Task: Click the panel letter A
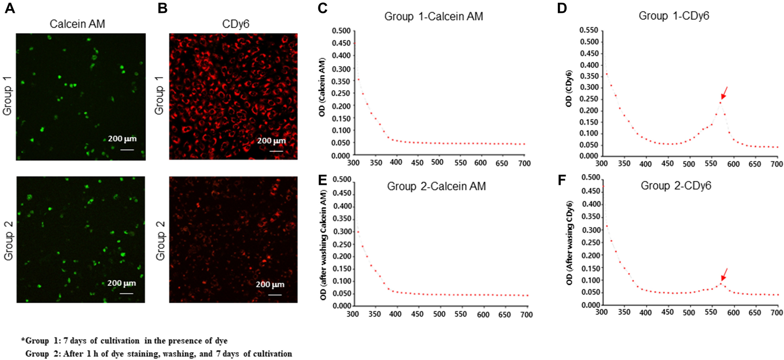[x=10, y=8]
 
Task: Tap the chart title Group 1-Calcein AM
[x=434, y=16]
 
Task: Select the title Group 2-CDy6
[x=675, y=186]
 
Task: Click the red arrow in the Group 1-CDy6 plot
[x=724, y=93]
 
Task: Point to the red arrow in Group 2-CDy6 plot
[x=724, y=274]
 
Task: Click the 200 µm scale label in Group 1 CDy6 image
[x=271, y=141]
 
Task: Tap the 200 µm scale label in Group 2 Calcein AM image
[x=121, y=283]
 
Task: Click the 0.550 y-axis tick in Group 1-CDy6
[x=589, y=30]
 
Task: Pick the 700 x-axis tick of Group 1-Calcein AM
[x=524, y=163]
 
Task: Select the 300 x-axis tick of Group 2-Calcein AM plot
[x=353, y=314]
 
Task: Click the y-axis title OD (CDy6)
[x=569, y=89]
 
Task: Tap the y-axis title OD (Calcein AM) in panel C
[x=322, y=87]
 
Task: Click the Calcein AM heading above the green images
[x=77, y=24]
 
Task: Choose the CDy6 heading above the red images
[x=236, y=24]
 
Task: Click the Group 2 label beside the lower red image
[x=161, y=240]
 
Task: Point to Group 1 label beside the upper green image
[x=7, y=96]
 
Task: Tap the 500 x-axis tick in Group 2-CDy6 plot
[x=689, y=313]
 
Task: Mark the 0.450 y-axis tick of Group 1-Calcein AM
[x=341, y=43]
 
